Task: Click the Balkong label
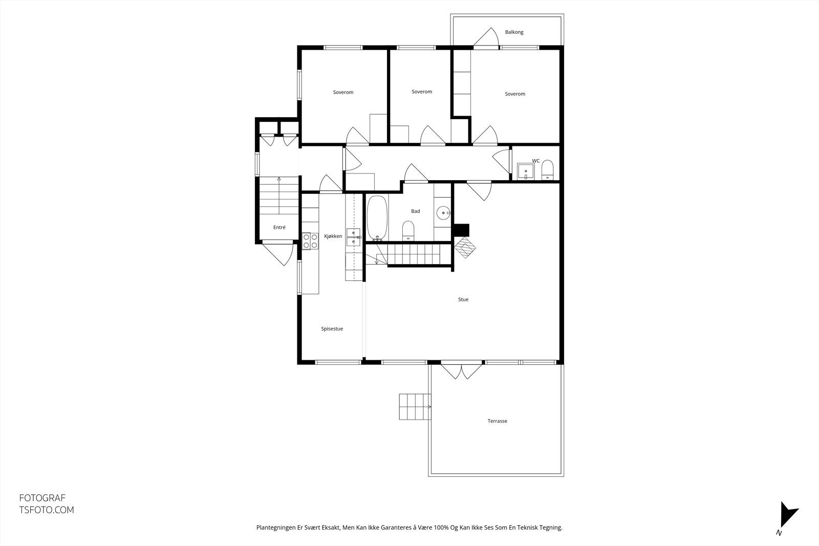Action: tap(514, 32)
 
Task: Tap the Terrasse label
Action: tap(497, 421)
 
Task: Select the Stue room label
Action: tap(463, 300)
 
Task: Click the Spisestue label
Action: tap(332, 329)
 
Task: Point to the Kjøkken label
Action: tap(333, 236)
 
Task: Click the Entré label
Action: tap(279, 228)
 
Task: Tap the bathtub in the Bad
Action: tap(377, 218)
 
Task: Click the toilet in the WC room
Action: tap(547, 170)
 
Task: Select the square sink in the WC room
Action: tap(525, 171)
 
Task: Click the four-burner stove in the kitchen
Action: tap(310, 241)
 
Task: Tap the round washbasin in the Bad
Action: tap(443, 211)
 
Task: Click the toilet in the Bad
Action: tap(408, 230)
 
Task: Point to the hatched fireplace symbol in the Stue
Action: tap(465, 249)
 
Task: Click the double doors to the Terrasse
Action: tap(462, 371)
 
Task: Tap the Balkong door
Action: tap(486, 38)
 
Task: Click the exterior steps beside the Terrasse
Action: tap(415, 407)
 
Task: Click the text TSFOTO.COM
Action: tap(47, 510)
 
